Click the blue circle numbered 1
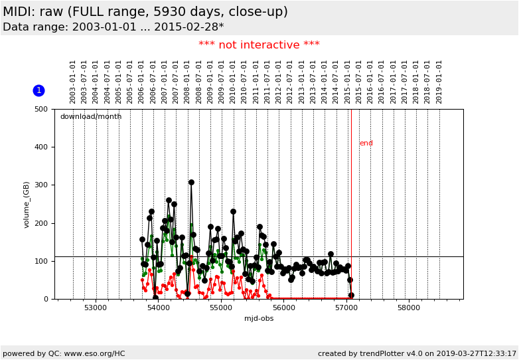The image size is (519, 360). (38, 90)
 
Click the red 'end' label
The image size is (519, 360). (366, 143)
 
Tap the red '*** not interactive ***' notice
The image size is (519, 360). (259, 45)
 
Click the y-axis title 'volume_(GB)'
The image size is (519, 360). (27, 205)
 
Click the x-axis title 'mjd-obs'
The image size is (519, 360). (259, 319)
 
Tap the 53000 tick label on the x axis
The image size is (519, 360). (96, 308)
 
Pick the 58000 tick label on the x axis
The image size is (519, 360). (409, 308)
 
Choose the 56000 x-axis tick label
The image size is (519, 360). (283, 308)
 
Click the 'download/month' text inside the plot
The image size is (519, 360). (91, 117)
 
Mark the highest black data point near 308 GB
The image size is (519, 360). (191, 182)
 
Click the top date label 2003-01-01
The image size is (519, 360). (73, 82)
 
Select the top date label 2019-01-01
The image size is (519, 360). (439, 82)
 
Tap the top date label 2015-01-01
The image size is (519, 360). (348, 82)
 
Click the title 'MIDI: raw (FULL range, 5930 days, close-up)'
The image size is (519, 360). (145, 12)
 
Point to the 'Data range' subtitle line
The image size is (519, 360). (113, 27)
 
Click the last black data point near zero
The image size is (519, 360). (351, 295)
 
